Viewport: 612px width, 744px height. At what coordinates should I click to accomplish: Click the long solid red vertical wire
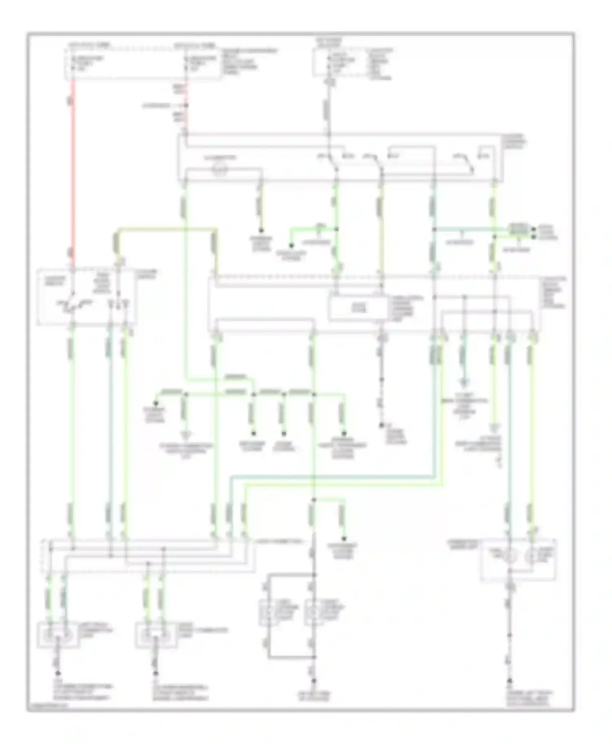[73, 171]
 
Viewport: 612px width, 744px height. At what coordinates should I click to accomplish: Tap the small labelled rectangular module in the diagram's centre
[358, 308]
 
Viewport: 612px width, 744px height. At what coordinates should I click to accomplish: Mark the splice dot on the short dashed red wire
[186, 106]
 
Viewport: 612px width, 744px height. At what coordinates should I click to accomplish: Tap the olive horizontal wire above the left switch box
[167, 229]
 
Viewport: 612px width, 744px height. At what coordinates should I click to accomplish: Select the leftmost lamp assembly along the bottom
[57, 635]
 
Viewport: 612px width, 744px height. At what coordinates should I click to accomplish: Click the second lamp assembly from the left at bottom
[155, 635]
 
